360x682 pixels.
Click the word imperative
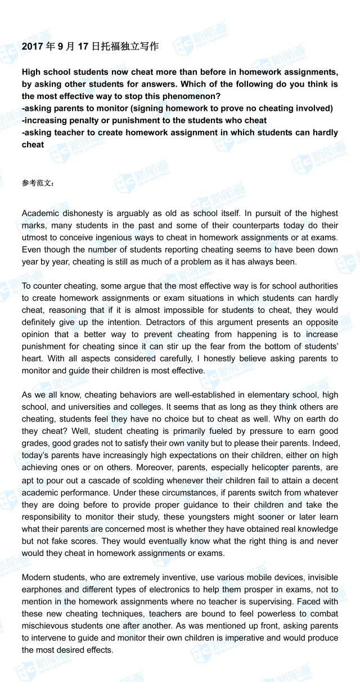tap(232, 638)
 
